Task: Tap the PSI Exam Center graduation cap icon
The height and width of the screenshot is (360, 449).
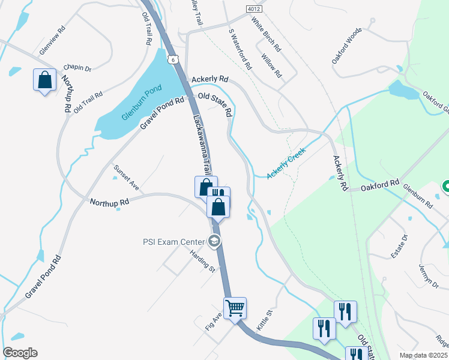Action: click(x=214, y=242)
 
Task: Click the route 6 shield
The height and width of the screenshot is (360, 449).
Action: click(x=173, y=59)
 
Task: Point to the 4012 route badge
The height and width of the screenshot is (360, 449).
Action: click(x=254, y=9)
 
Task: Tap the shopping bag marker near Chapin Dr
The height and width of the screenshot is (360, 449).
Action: click(x=44, y=80)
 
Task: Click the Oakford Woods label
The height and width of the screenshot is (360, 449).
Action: click(x=348, y=46)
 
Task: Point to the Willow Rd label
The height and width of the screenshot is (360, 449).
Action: click(x=272, y=65)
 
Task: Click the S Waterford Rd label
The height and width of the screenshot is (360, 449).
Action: click(x=240, y=49)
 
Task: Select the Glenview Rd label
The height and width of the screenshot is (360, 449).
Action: click(x=52, y=41)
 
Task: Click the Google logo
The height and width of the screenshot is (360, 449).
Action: click(x=20, y=353)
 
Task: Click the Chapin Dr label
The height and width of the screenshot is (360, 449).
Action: click(x=77, y=68)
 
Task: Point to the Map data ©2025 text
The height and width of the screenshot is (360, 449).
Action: click(x=422, y=355)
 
